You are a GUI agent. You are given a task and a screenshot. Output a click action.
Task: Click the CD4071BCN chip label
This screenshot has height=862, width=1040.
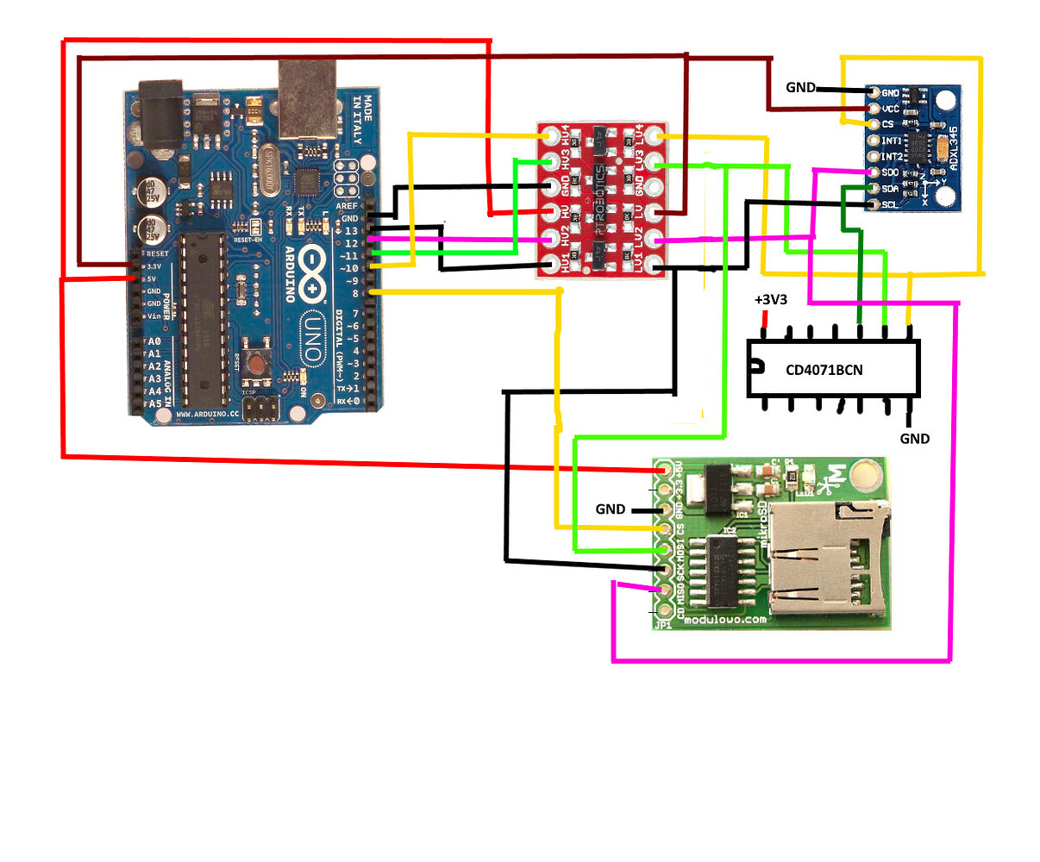[x=824, y=370]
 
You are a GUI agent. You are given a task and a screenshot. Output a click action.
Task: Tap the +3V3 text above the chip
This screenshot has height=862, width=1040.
[x=771, y=300]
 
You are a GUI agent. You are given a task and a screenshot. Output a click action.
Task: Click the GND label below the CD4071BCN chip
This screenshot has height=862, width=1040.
[x=914, y=439]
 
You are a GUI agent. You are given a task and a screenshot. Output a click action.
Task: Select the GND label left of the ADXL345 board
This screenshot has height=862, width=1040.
[x=800, y=87]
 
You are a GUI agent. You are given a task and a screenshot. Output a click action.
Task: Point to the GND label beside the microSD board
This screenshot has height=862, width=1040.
[x=610, y=509]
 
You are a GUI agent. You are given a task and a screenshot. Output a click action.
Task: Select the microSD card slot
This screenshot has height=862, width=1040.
[x=824, y=560]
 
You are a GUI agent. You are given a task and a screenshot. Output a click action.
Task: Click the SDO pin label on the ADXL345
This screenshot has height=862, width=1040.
[x=891, y=172]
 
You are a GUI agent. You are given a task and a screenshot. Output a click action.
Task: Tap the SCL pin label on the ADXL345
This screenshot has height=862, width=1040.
[x=890, y=204]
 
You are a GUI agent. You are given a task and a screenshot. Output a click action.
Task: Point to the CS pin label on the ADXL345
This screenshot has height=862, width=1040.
[x=887, y=124]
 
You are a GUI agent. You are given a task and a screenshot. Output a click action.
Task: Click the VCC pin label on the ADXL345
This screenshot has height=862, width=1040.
[x=890, y=109]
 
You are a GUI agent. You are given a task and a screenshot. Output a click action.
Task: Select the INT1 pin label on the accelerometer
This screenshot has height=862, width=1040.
[x=892, y=141]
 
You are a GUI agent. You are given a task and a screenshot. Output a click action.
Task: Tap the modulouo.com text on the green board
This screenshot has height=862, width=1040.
[x=724, y=619]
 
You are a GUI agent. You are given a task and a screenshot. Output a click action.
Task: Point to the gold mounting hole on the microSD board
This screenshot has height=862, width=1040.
[x=865, y=474]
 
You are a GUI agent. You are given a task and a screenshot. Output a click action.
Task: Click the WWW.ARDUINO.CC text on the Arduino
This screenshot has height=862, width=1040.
[x=207, y=414]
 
